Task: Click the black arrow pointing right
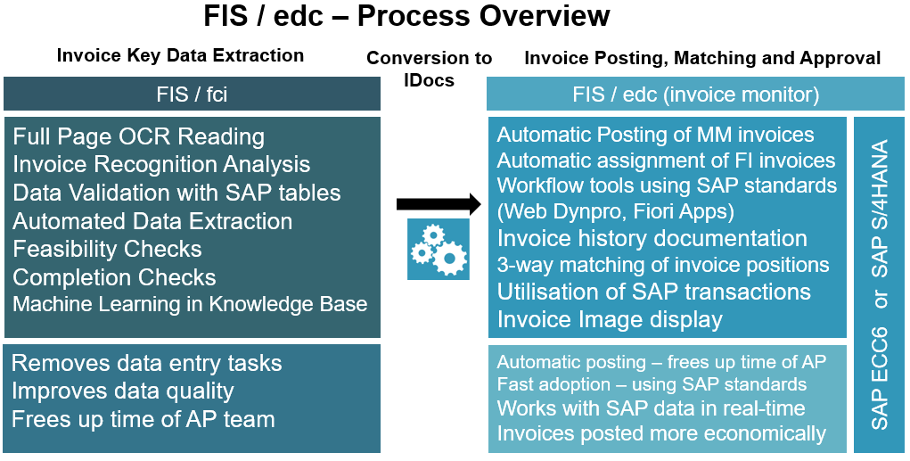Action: tap(431, 204)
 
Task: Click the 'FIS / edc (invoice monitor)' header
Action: tap(696, 94)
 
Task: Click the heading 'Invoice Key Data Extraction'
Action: tap(180, 55)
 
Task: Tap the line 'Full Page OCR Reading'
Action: tap(139, 136)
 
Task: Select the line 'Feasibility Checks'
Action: tap(108, 249)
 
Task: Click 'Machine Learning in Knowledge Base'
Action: tap(190, 304)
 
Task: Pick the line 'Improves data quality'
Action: tap(123, 391)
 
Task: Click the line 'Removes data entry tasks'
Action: tap(147, 363)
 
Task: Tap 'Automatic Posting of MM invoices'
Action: tap(655, 135)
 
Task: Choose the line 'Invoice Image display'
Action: tap(610, 318)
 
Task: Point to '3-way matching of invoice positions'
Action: tap(663, 265)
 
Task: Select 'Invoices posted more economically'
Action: tap(661, 433)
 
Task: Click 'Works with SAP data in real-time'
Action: tap(651, 408)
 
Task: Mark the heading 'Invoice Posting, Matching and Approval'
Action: tap(702, 58)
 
